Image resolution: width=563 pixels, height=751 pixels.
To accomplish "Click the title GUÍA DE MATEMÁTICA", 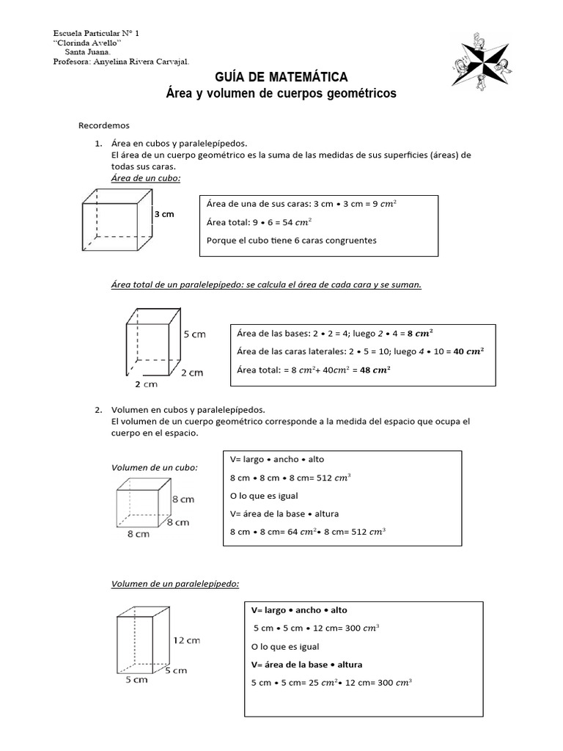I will (281, 78).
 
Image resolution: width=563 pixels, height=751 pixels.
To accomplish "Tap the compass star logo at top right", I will (483, 61).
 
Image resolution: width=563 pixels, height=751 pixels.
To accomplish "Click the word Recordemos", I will (103, 125).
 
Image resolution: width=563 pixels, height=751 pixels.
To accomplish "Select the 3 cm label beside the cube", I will (163, 214).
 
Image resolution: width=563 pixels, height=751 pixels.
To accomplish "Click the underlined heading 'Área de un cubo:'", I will (146, 178).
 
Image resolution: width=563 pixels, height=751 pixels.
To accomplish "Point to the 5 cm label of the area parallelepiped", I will (194, 334).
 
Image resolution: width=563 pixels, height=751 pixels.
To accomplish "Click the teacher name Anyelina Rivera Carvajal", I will (142, 62).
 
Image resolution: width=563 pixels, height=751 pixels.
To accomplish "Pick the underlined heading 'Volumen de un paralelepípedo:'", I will (175, 584).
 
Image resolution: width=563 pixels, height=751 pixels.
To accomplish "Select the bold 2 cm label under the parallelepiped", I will (146, 384).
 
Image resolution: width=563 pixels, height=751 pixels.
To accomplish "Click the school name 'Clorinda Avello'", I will (87, 43).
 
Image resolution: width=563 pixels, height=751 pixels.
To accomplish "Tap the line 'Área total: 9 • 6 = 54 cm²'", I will (260, 221).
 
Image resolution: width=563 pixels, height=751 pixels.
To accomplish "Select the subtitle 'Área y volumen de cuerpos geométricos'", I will (281, 94).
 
